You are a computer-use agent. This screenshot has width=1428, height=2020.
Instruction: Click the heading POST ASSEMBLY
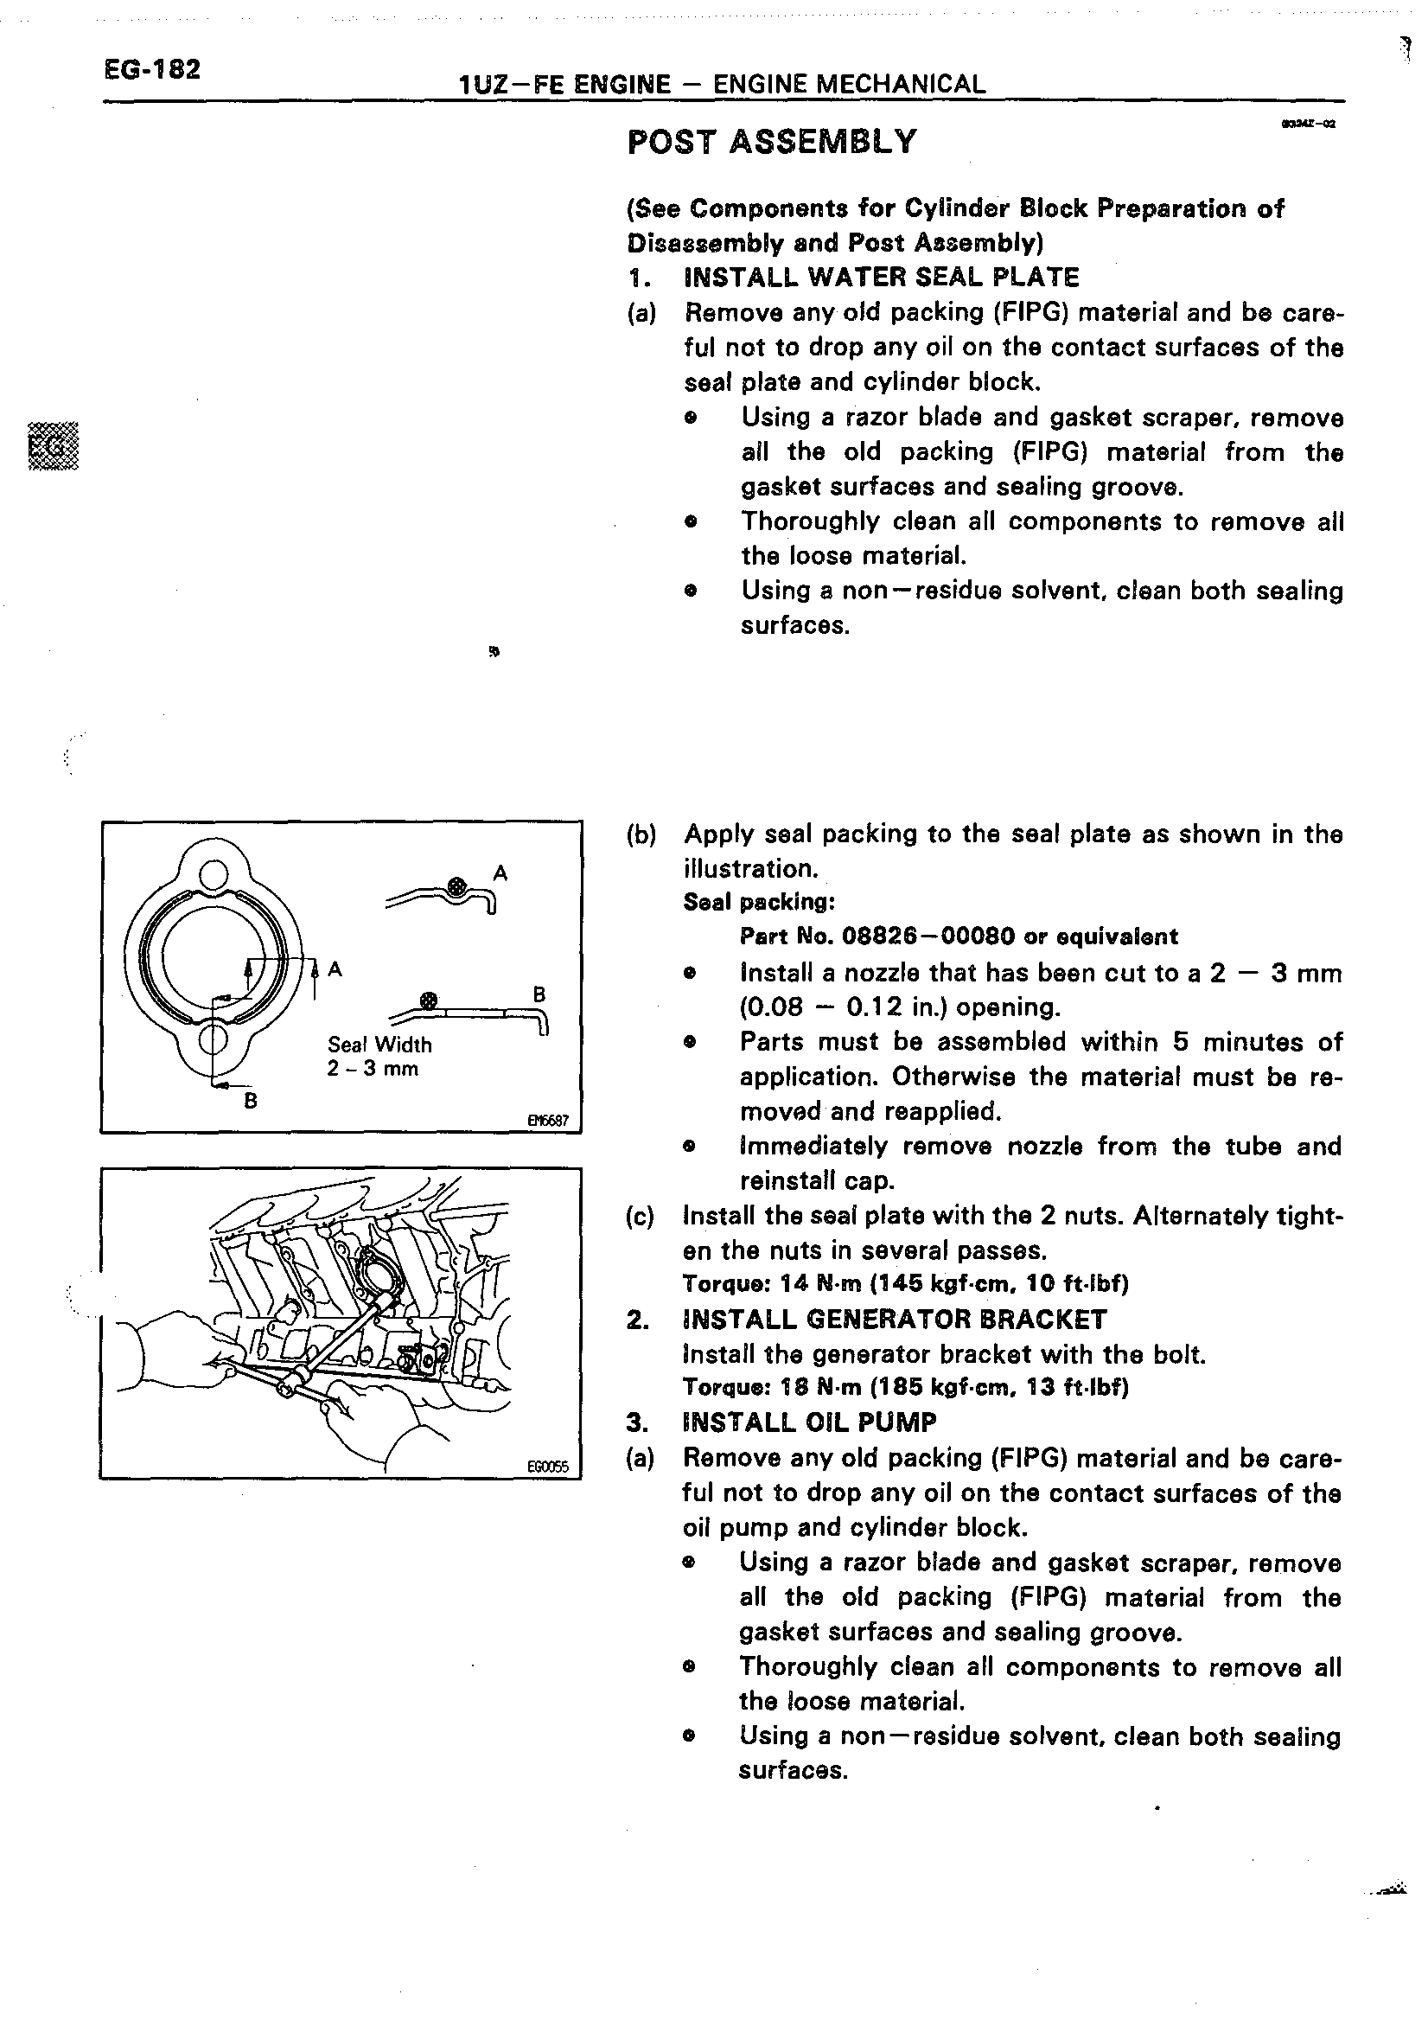[771, 142]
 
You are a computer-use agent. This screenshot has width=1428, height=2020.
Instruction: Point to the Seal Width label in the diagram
[379, 1045]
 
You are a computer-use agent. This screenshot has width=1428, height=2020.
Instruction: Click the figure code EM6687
[548, 1121]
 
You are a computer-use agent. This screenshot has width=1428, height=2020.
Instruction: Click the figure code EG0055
[548, 1467]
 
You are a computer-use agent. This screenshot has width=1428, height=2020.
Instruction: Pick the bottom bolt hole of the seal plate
[214, 1041]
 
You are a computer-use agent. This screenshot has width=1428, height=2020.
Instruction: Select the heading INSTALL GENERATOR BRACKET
[895, 1320]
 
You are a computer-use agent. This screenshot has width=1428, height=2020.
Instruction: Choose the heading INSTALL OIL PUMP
[809, 1422]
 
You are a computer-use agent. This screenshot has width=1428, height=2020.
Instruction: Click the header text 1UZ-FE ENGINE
[564, 85]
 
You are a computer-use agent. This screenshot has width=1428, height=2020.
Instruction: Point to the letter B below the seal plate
[251, 1100]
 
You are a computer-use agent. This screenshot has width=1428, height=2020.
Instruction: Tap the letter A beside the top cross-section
[500, 873]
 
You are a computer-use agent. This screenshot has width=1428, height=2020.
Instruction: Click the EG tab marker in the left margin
[53, 448]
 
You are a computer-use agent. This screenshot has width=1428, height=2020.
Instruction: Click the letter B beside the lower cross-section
[540, 994]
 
